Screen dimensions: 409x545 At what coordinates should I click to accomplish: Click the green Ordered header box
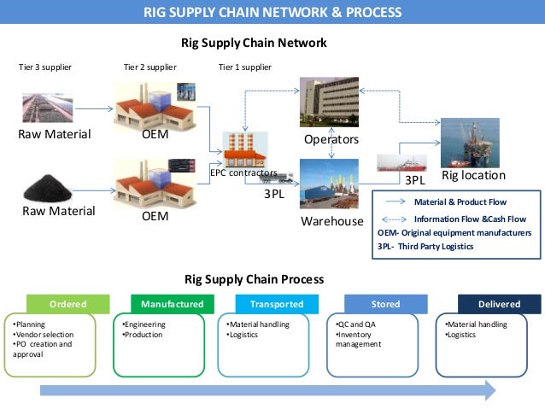(67, 304)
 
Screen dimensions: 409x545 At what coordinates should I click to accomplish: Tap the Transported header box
(276, 304)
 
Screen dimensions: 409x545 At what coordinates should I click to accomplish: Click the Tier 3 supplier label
(45, 67)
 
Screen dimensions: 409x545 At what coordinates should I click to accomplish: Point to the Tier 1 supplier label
(244, 67)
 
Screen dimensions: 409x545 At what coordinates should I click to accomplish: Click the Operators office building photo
(329, 102)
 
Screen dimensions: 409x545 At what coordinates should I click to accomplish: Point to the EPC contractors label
(243, 172)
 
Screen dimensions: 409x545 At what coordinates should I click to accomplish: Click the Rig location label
(473, 175)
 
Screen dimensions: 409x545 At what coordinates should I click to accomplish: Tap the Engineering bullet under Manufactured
(144, 324)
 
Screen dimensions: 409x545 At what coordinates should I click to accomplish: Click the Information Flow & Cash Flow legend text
(470, 219)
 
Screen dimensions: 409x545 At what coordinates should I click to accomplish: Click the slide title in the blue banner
(272, 12)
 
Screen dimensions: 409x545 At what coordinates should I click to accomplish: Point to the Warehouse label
(332, 221)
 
